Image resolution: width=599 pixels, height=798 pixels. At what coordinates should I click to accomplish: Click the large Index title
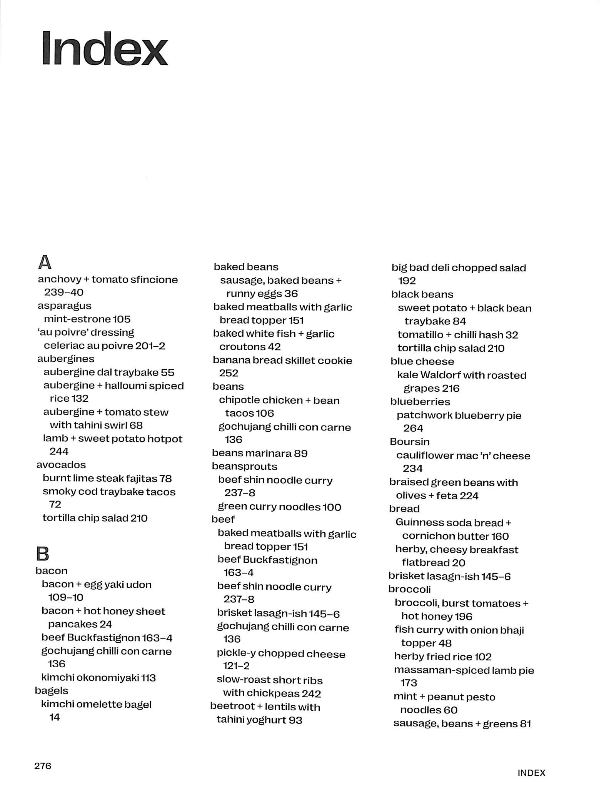click(x=105, y=48)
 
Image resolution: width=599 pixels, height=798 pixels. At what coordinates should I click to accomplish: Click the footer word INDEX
click(x=531, y=773)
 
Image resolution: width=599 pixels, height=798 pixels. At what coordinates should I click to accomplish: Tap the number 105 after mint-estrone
click(x=122, y=319)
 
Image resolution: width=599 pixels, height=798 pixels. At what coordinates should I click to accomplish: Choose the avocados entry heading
click(x=61, y=465)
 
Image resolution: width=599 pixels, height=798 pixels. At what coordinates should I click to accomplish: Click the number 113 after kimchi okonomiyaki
click(x=148, y=677)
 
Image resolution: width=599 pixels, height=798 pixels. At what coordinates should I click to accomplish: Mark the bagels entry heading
click(x=51, y=690)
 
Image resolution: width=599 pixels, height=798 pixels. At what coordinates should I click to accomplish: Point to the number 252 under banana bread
click(x=229, y=373)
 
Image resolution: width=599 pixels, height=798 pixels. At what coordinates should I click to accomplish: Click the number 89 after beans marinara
click(x=300, y=453)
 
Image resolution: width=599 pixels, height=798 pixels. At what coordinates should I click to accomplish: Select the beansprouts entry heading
click(x=244, y=466)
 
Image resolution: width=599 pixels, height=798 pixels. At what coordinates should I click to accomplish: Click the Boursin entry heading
click(x=409, y=442)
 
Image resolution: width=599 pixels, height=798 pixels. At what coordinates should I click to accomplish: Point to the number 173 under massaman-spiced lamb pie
click(x=409, y=683)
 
